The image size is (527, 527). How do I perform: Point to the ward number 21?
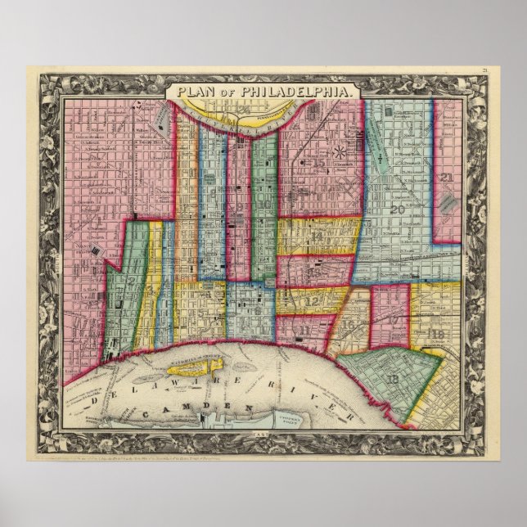[x=446, y=178]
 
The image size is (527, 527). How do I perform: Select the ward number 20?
[x=399, y=209]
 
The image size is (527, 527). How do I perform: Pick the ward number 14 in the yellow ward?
[x=318, y=236]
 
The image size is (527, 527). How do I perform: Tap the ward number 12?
[x=311, y=300]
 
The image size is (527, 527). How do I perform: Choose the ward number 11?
[x=304, y=330]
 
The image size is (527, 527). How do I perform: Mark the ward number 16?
[x=349, y=324]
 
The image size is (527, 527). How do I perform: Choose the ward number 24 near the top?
[x=243, y=110]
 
